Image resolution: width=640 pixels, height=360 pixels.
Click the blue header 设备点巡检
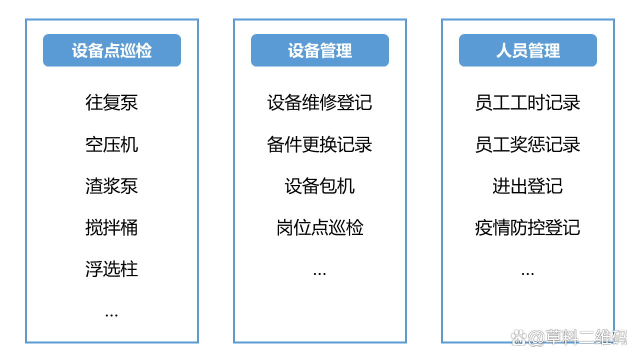click(111, 50)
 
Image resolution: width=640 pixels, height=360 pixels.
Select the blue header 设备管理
click(319, 50)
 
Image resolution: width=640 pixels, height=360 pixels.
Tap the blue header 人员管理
click(527, 50)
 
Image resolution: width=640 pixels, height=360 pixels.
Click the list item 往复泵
click(111, 102)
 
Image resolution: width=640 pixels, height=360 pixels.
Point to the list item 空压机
click(111, 144)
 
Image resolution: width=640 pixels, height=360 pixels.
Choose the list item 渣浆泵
click(111, 186)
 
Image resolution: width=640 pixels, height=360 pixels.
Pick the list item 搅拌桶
click(111, 227)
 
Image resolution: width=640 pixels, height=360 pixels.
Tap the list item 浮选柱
click(111, 269)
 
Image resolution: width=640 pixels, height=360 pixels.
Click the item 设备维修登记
click(319, 102)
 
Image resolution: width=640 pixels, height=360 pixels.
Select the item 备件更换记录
click(319, 144)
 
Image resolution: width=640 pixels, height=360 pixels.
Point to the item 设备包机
click(319, 186)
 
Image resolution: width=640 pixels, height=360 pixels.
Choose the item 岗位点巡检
click(319, 227)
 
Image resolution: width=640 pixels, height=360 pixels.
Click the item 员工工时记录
click(527, 102)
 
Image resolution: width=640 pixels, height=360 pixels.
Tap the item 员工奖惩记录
click(527, 144)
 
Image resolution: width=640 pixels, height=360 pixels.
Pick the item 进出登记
click(527, 186)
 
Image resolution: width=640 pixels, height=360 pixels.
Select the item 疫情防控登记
click(527, 227)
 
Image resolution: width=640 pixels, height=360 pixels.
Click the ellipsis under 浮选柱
click(111, 315)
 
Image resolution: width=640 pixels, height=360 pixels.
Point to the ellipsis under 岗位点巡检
click(319, 274)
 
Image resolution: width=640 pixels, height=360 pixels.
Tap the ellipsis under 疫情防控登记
click(527, 274)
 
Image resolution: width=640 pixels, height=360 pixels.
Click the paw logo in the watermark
click(518, 337)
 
